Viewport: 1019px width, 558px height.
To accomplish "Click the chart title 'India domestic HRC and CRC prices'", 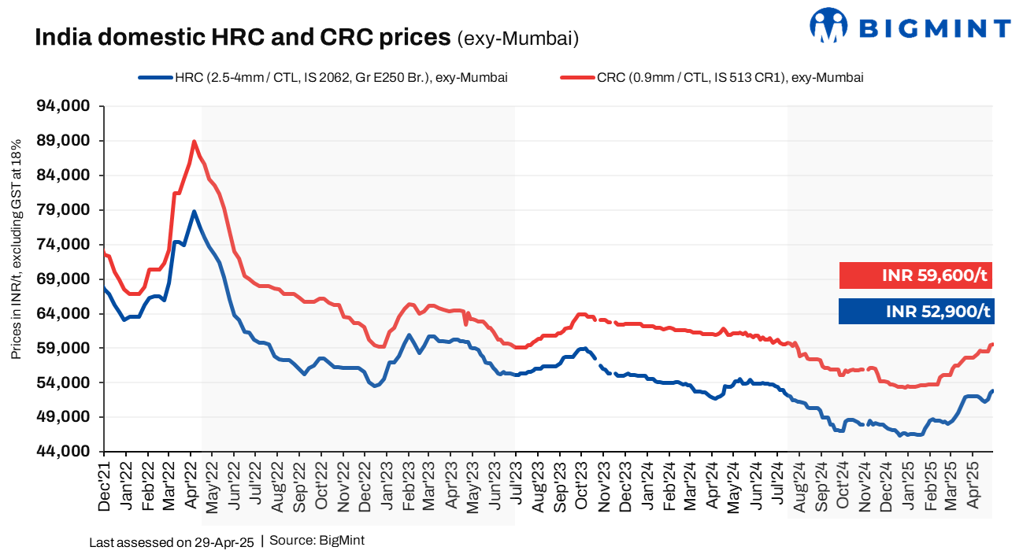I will (x=243, y=37).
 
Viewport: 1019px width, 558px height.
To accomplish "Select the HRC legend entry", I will (x=322, y=77).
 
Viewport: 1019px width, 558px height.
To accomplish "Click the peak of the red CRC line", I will (x=194, y=142).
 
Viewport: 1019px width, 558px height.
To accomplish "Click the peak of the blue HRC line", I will (x=194, y=211).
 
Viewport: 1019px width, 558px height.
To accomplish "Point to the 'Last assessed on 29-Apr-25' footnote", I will (x=171, y=542).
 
